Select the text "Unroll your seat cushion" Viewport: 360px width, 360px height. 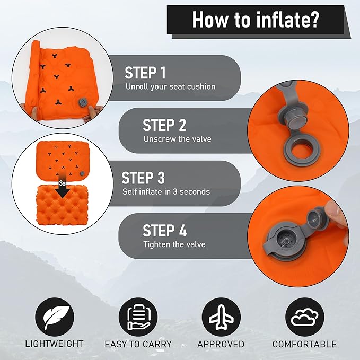[170, 86]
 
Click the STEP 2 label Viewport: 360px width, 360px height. [164, 125]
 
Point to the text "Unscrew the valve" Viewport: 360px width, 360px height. [177, 139]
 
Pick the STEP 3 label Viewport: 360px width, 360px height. [144, 178]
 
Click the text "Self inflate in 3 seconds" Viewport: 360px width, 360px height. [166, 191]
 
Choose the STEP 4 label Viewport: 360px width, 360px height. [164, 231]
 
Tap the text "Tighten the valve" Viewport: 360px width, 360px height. [174, 244]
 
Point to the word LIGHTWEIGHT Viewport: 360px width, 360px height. [54, 344]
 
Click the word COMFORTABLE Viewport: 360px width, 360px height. [304, 344]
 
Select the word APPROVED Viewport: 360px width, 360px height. [221, 344]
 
